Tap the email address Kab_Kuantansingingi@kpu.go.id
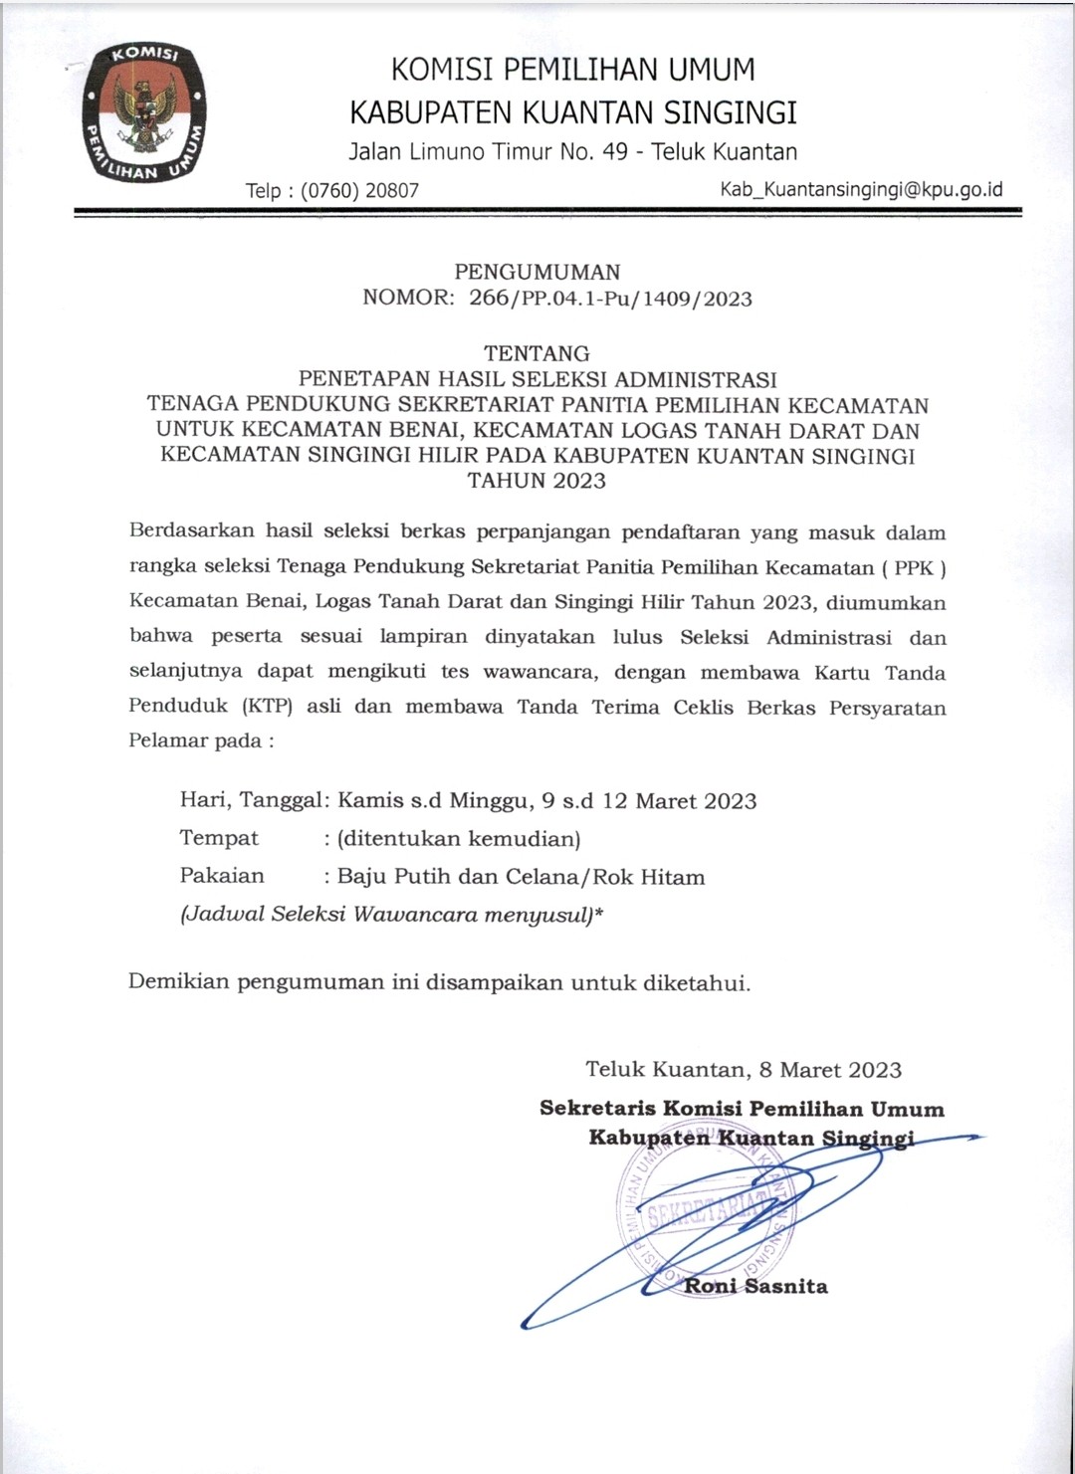[x=861, y=189]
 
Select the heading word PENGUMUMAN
[x=537, y=272]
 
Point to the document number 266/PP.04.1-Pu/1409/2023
[x=610, y=299]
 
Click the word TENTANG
[x=537, y=353]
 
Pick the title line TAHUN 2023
[x=537, y=482]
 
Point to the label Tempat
[x=219, y=838]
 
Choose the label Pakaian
[x=222, y=877]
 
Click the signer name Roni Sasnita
[x=755, y=1286]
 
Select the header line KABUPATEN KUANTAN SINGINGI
[x=574, y=111]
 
